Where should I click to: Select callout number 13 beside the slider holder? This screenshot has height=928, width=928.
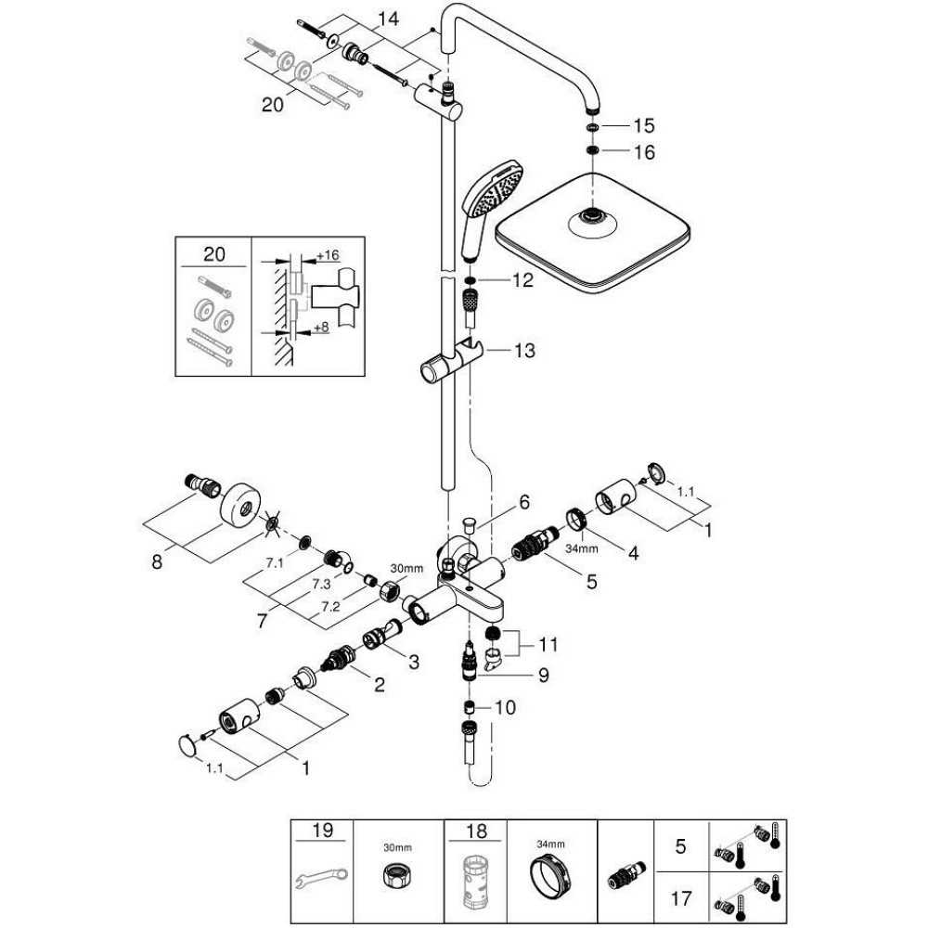tap(524, 351)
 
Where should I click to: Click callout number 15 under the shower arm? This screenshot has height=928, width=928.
tap(643, 125)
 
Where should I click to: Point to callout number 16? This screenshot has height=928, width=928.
tap(643, 152)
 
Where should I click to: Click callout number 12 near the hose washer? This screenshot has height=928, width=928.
tap(522, 279)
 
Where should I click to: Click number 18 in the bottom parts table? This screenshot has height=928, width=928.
tap(474, 831)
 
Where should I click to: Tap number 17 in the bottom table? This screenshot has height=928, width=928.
tap(682, 897)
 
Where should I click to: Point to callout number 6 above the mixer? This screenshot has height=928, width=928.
tap(523, 502)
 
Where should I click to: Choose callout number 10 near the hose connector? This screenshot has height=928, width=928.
tap(504, 707)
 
